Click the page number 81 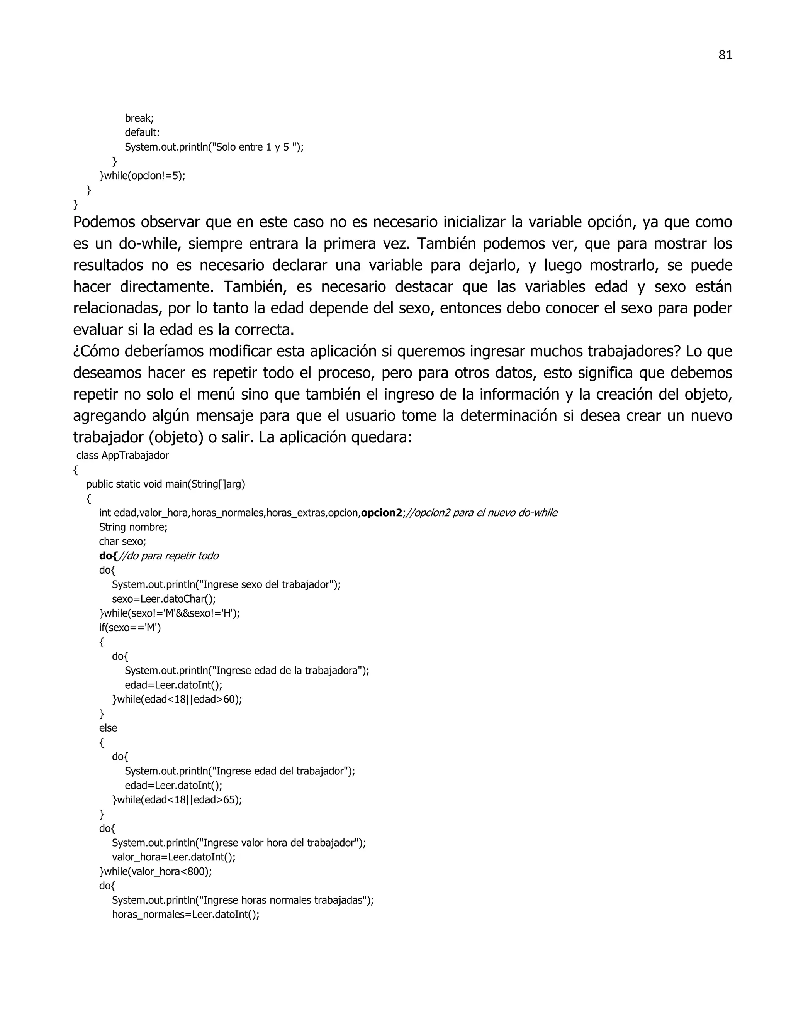point(725,55)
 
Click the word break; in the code point(139,118)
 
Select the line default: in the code point(142,132)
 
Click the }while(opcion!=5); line point(143,176)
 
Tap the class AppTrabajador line point(122,455)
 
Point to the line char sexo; point(122,542)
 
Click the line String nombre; point(133,527)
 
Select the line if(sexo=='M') point(130,628)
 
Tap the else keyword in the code point(108,728)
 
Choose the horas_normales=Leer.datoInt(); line point(185,915)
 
